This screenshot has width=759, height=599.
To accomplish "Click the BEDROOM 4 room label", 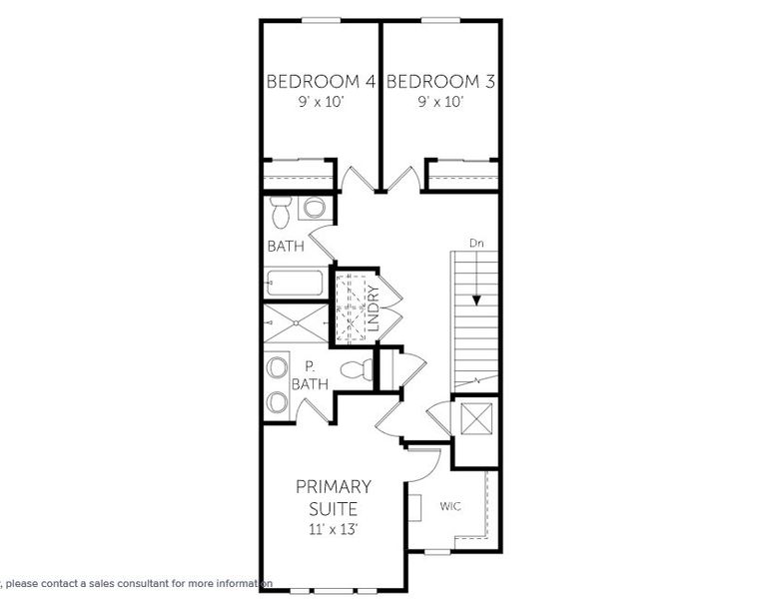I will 321,81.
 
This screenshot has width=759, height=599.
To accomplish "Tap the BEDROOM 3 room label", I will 440,81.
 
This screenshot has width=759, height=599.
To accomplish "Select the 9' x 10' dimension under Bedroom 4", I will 321,102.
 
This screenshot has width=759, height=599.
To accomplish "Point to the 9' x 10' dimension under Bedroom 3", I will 440,102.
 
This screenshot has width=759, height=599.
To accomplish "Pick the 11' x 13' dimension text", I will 334,530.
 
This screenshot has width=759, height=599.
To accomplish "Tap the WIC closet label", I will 450,506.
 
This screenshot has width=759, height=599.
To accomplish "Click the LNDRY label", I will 373,309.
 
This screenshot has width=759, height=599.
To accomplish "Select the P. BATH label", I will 309,374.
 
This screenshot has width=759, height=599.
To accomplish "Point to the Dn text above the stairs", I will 476,243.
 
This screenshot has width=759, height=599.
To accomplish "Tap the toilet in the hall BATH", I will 281,211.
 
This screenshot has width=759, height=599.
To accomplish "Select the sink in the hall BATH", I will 315,209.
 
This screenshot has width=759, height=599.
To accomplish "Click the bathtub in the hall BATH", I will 295,285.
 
